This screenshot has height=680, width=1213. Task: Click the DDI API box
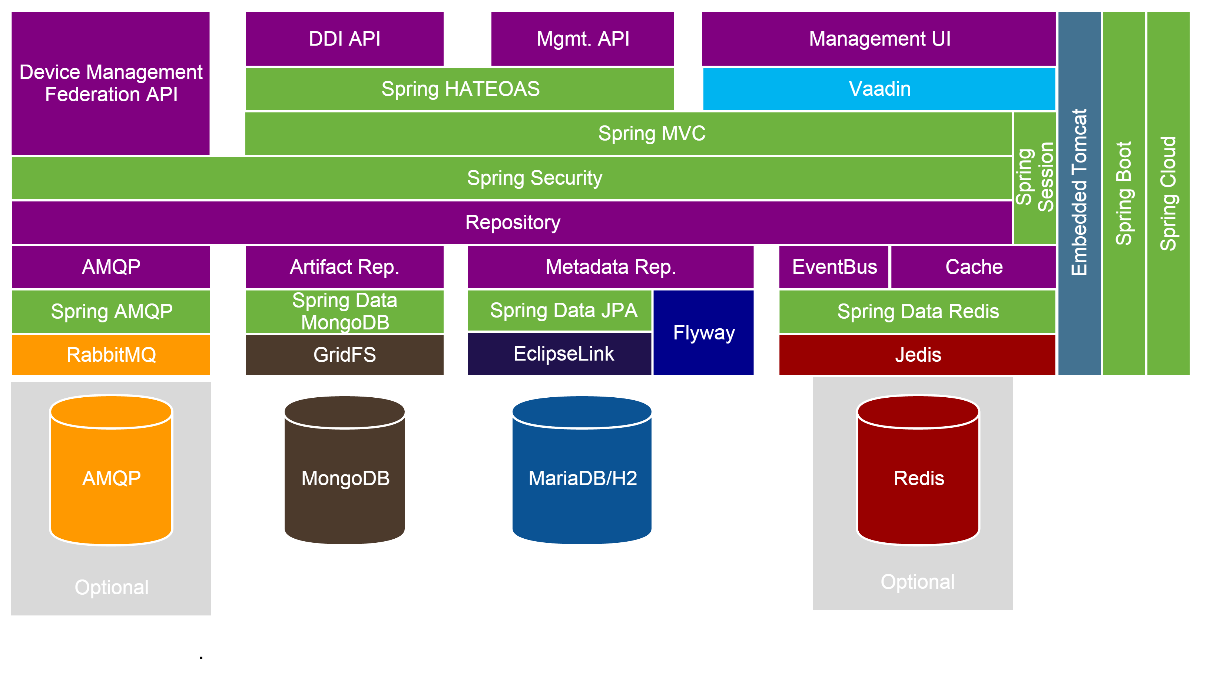(344, 39)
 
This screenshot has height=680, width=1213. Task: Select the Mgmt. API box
(583, 39)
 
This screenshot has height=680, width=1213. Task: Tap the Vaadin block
(879, 89)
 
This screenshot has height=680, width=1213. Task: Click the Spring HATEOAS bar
(460, 89)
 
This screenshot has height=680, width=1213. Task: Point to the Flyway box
(703, 333)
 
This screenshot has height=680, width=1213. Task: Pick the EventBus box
(834, 267)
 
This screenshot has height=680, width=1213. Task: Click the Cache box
(973, 267)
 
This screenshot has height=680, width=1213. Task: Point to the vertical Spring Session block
(1034, 177)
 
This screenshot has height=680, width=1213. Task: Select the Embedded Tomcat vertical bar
(1079, 193)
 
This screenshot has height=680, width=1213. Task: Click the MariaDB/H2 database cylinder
(582, 478)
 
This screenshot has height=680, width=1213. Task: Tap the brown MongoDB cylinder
(345, 478)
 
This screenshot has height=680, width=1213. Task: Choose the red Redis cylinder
(918, 478)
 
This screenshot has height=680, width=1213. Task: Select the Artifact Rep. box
(344, 267)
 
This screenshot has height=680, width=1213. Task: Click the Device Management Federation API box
(111, 83)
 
